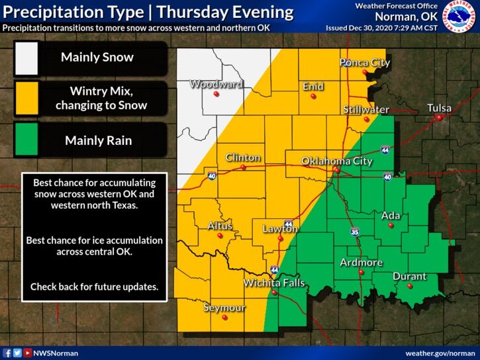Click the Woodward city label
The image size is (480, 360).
pyautogui.click(x=216, y=84)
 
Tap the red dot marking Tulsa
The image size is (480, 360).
pyautogui.click(x=439, y=118)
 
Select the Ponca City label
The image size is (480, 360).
pyautogui.click(x=365, y=63)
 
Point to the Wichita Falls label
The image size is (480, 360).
pyautogui.click(x=274, y=283)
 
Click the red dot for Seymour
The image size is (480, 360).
pyautogui.click(x=225, y=318)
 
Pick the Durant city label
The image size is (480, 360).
pyautogui.click(x=409, y=277)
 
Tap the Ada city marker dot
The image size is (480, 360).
pyautogui.click(x=391, y=225)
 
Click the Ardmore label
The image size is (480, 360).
pyautogui.click(x=361, y=263)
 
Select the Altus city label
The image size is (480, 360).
pyautogui.click(x=220, y=226)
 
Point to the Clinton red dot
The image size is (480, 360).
pyautogui.click(x=243, y=167)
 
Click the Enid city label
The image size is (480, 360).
pyautogui.click(x=313, y=86)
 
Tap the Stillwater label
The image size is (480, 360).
pyautogui.click(x=365, y=109)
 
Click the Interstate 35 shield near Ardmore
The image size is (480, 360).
pyautogui.click(x=355, y=232)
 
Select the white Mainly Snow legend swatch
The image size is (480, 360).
pyautogui.click(x=27, y=58)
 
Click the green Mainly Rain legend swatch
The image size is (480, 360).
pyautogui.click(x=27, y=140)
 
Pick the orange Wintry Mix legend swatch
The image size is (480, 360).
pyautogui.click(x=27, y=97)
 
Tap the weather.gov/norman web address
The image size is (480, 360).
pyautogui.click(x=440, y=353)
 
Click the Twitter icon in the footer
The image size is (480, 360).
pyautogui.click(x=17, y=353)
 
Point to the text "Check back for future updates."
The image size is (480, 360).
pyautogui.click(x=95, y=287)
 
